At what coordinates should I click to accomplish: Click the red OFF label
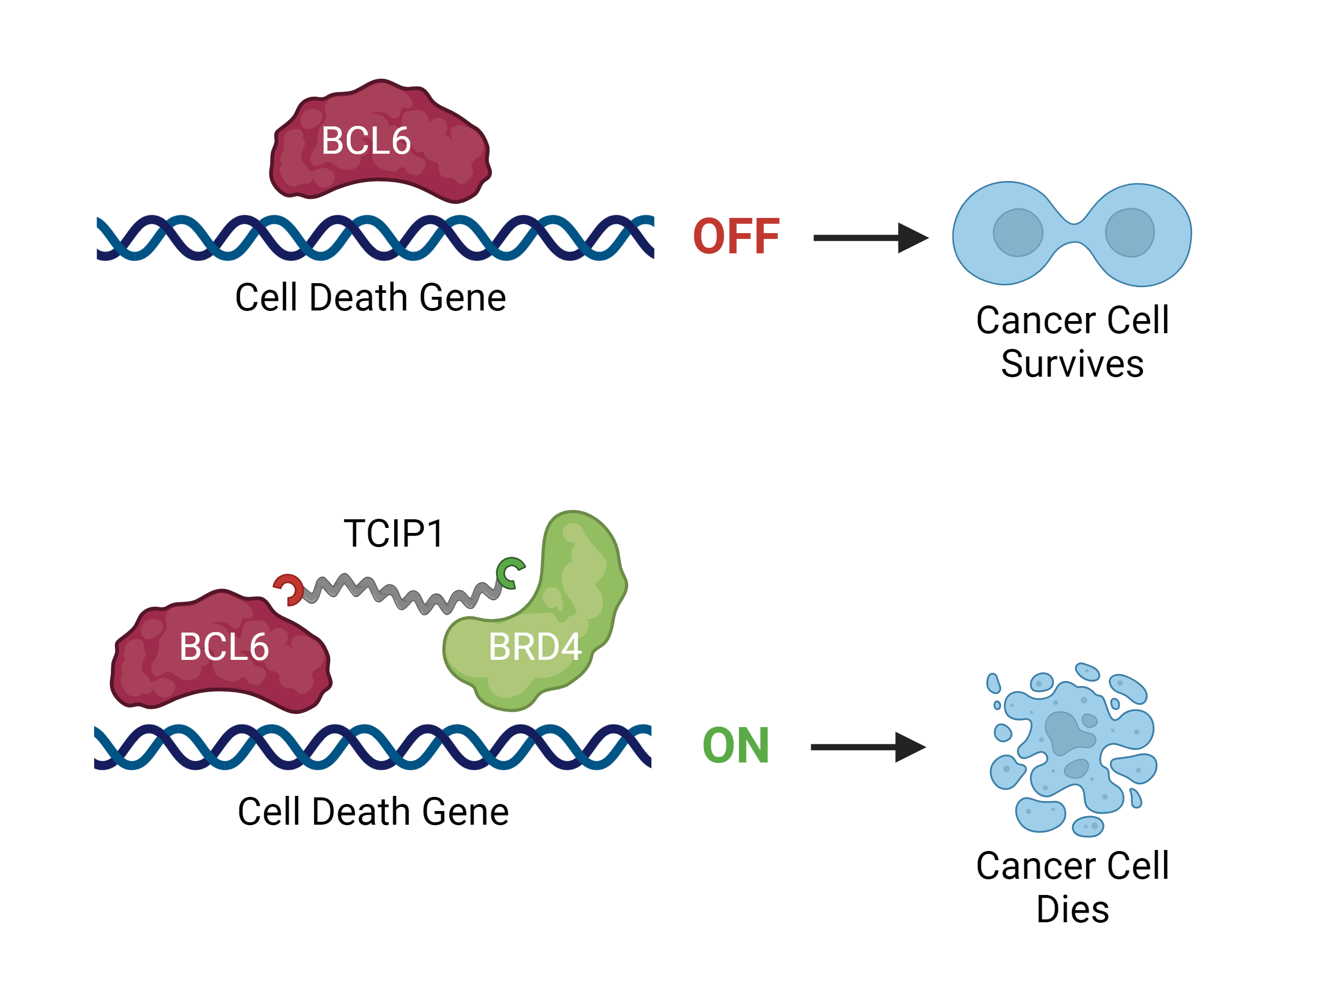(736, 236)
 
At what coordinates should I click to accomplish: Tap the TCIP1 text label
(394, 533)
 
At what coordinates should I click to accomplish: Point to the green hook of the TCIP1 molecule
(509, 572)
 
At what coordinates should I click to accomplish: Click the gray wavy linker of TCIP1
(399, 595)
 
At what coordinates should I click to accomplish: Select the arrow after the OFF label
(869, 238)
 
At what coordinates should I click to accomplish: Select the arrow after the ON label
(867, 747)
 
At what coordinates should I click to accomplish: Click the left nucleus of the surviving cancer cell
(1017, 233)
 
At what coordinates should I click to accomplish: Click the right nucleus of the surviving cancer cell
(1129, 233)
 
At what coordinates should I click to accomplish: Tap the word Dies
(1073, 909)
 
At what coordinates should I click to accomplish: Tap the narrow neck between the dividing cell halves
(1074, 233)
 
